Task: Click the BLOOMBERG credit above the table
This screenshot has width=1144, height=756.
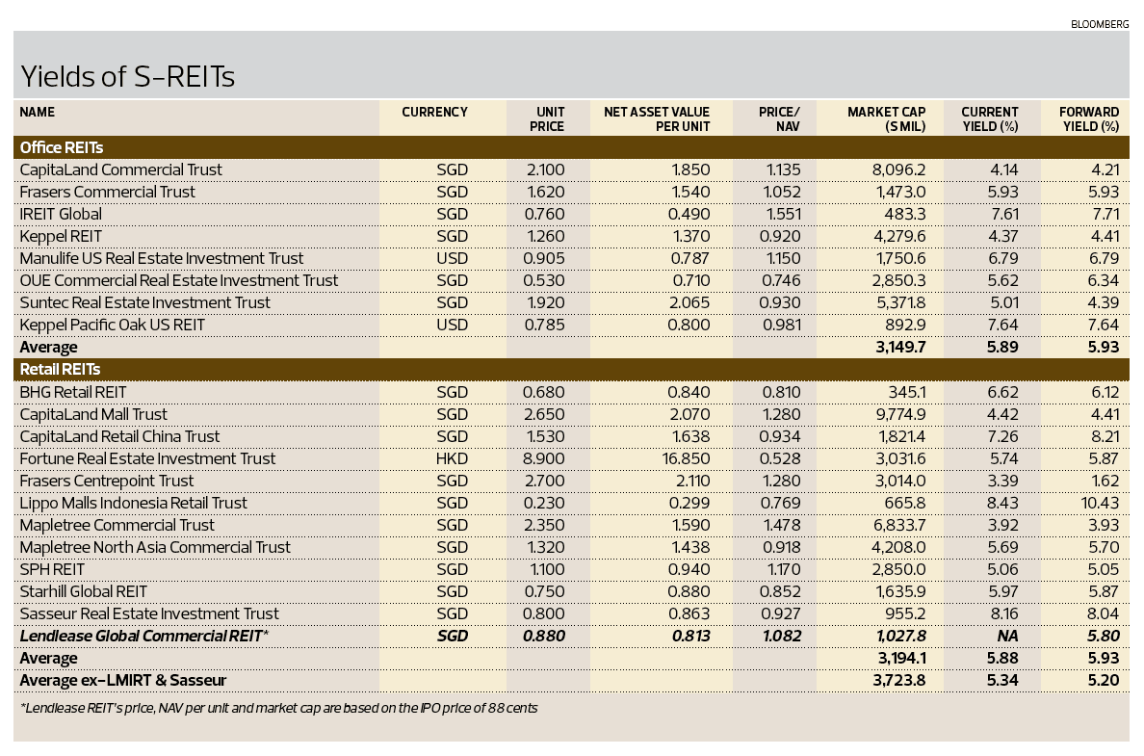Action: tap(1100, 24)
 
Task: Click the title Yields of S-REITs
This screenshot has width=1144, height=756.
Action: tap(127, 77)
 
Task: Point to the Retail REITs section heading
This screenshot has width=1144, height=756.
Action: tap(60, 369)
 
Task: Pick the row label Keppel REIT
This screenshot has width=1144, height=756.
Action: tap(61, 236)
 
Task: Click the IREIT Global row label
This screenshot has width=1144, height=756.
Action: tap(61, 214)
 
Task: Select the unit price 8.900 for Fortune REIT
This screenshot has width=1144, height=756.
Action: tap(543, 458)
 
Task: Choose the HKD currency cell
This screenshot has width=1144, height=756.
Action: tap(451, 458)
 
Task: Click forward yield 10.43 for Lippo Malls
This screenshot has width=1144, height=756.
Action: tap(1099, 503)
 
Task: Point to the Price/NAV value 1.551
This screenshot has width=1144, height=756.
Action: tap(781, 214)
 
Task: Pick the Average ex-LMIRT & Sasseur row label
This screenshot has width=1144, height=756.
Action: tap(122, 680)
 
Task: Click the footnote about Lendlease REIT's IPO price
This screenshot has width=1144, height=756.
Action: tap(278, 708)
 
